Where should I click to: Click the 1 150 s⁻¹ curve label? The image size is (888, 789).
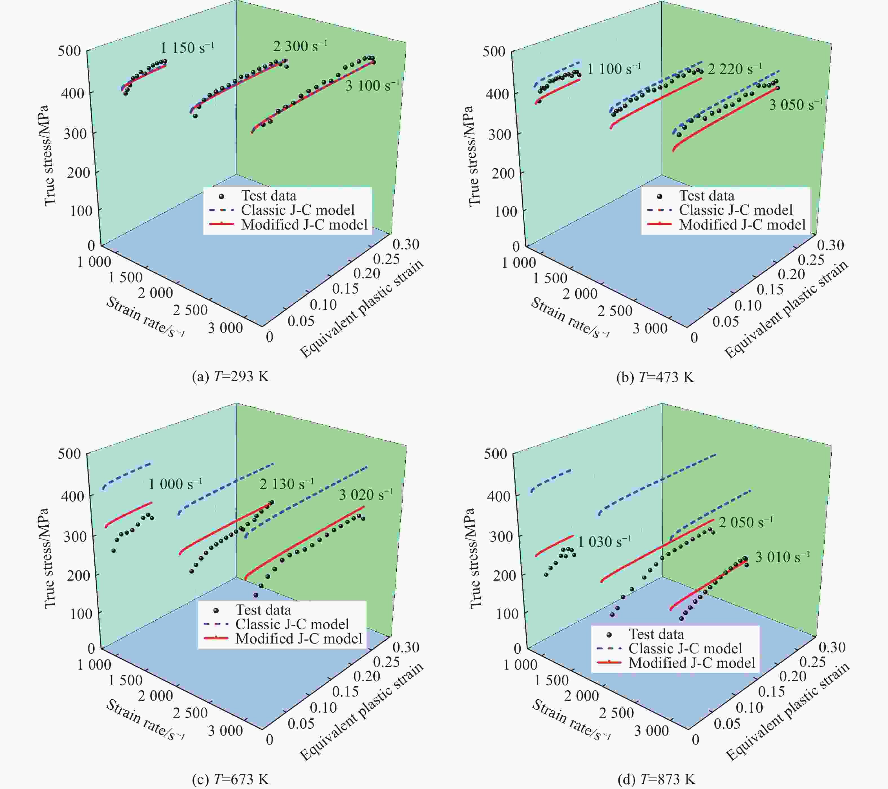(x=187, y=47)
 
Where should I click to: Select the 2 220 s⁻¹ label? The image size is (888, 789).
(x=735, y=69)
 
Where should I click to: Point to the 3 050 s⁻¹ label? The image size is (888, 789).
(x=796, y=105)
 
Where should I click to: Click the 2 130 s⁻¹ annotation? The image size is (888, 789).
(x=286, y=484)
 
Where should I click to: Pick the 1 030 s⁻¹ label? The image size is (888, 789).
(x=604, y=541)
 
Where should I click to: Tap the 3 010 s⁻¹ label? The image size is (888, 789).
(x=782, y=557)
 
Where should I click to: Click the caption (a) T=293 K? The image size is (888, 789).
(x=230, y=376)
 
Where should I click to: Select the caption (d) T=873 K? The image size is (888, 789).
(x=656, y=779)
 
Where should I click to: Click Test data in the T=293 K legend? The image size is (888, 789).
(x=268, y=196)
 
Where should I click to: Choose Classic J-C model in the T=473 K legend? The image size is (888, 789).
(x=735, y=210)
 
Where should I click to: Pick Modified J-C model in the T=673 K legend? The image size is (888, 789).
(x=299, y=639)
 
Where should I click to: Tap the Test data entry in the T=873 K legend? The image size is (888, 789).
(x=656, y=634)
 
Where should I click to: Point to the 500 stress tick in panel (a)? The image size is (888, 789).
(x=70, y=51)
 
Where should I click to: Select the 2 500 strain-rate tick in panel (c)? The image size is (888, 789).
(x=190, y=713)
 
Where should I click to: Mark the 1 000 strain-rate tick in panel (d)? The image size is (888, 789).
(x=520, y=664)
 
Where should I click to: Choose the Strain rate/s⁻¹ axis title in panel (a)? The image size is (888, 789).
(x=145, y=317)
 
